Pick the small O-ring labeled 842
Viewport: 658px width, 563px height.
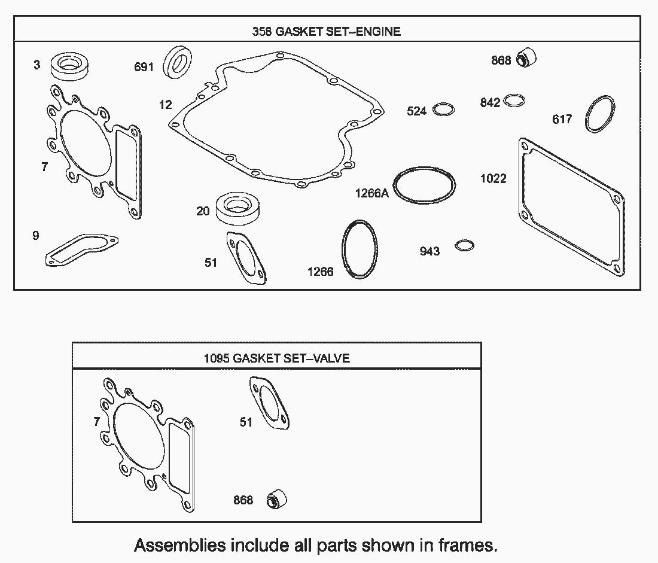pos(515,101)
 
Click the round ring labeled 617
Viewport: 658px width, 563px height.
pos(599,114)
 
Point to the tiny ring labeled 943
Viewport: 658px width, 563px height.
pos(465,245)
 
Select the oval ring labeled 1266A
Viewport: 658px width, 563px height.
pos(424,184)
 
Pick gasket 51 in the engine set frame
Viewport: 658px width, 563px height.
pos(247,257)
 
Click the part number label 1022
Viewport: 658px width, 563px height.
pos(493,178)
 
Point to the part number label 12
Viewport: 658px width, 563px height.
pos(165,105)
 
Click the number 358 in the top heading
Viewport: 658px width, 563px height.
pos(262,32)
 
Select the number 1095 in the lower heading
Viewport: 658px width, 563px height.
pos(217,358)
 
